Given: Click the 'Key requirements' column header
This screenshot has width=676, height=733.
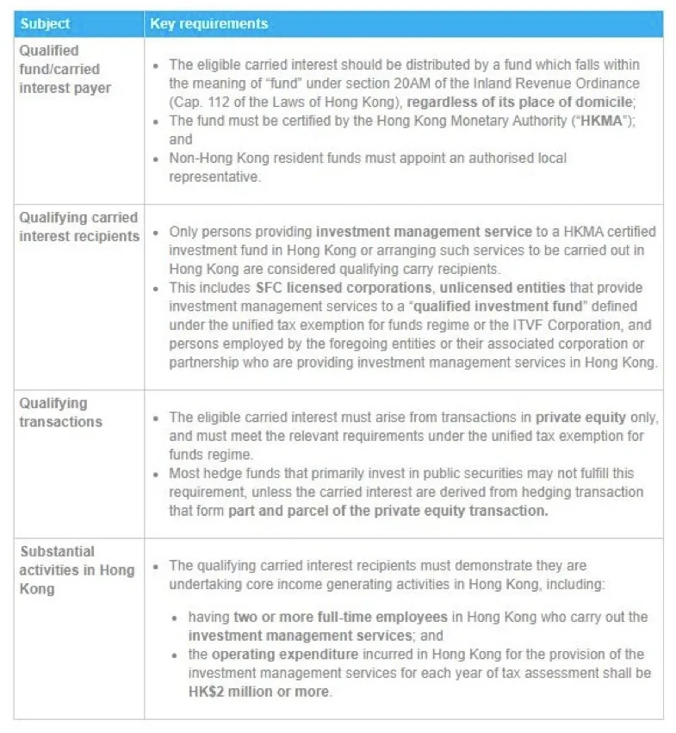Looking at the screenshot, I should [208, 24].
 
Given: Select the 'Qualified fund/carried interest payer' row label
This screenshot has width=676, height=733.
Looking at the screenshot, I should [60, 70].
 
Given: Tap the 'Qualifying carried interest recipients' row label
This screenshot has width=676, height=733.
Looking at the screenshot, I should [78, 227].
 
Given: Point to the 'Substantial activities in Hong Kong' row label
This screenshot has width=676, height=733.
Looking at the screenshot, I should [77, 570].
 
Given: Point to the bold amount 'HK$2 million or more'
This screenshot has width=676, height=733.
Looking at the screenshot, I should [258, 692].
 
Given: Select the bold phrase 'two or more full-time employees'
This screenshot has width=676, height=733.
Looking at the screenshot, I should [340, 618].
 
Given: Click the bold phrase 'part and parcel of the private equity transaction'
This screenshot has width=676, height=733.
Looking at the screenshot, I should [388, 511].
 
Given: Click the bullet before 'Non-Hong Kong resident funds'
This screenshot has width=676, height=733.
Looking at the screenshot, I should [155, 158].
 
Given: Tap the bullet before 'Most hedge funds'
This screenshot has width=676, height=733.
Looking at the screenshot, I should [155, 474].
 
